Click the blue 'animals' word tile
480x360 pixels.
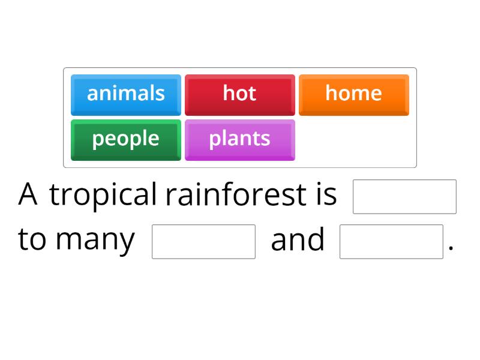(125, 94)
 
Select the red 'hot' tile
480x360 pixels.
(239, 94)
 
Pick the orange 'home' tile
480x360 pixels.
(353, 94)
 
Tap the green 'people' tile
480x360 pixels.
(125, 139)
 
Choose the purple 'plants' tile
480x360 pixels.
(239, 139)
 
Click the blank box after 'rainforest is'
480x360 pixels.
(404, 197)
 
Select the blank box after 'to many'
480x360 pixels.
(203, 242)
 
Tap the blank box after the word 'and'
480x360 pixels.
(391, 242)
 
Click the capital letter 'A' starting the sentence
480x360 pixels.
(28, 194)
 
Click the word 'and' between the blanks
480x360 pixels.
(298, 239)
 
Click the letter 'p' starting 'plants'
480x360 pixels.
(214, 140)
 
